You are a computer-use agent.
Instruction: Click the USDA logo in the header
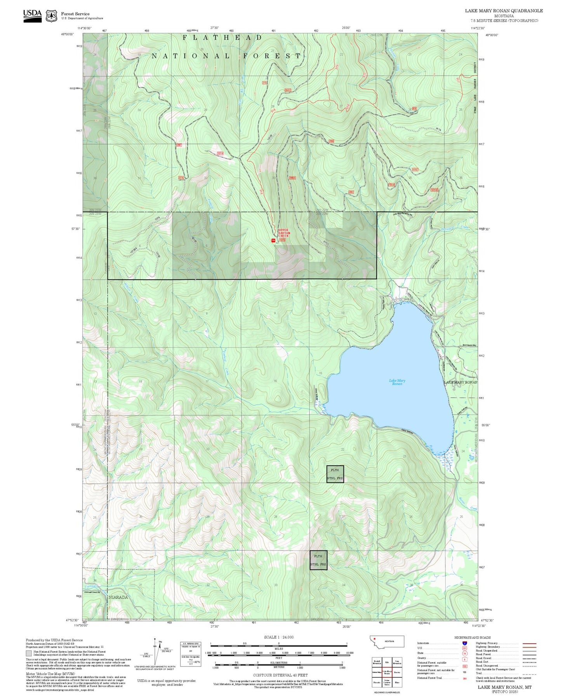32,16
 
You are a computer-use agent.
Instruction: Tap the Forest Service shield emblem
51,16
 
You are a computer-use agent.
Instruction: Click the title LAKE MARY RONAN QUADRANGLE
504,10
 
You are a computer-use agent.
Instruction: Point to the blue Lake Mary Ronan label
397,382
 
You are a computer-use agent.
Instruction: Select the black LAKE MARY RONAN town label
460,382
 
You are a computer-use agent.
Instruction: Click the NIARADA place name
118,597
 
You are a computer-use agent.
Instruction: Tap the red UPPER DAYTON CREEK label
284,233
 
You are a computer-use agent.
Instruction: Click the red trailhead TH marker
273,241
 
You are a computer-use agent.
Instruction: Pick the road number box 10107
415,170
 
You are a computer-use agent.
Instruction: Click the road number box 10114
220,153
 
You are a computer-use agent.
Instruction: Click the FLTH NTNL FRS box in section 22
335,474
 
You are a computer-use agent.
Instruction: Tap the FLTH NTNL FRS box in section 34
318,560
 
